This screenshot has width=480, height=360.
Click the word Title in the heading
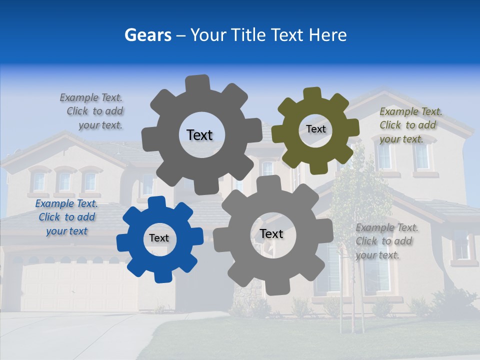(248, 35)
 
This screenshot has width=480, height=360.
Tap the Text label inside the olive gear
(315, 129)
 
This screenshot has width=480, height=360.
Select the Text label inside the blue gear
(159, 238)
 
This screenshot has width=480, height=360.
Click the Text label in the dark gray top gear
(199, 135)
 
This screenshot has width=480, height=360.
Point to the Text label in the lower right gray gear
(271, 233)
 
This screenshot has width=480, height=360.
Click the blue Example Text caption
(66, 217)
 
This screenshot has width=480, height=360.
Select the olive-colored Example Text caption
(410, 125)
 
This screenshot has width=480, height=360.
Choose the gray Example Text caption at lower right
(387, 241)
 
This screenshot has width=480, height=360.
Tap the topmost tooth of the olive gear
(312, 94)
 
